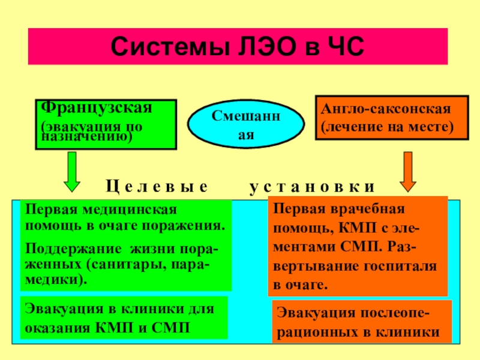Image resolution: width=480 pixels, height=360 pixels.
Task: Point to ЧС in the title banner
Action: point(340,46)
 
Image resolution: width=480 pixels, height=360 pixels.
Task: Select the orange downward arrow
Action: point(409,170)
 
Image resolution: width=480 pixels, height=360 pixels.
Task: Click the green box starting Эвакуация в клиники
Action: point(124,318)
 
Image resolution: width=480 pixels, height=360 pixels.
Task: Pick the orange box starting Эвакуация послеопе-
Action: point(362,323)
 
